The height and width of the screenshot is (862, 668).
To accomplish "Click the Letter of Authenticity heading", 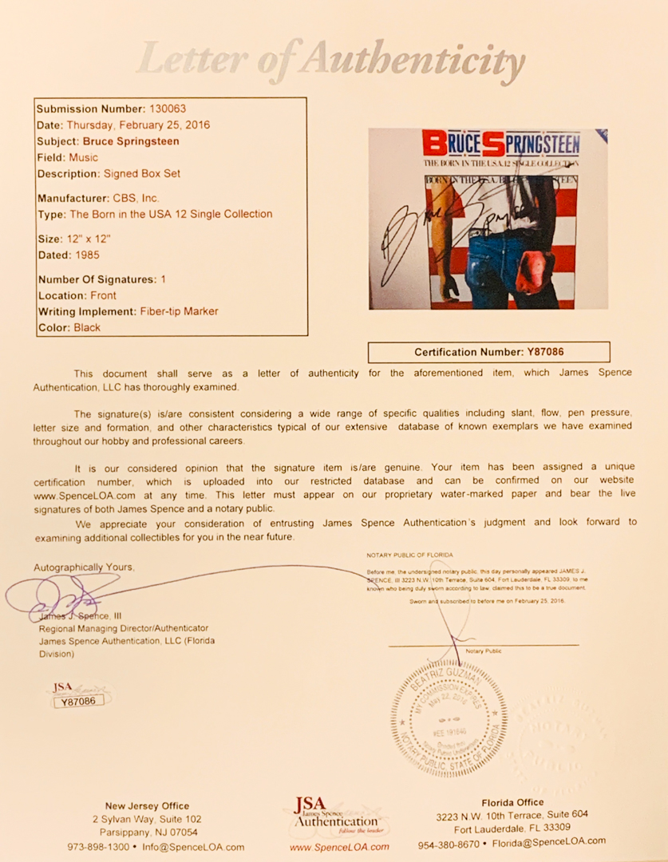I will tap(331, 61).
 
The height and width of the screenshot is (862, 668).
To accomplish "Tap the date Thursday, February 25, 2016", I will tap(138, 125).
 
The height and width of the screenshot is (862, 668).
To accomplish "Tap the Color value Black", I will tap(87, 327).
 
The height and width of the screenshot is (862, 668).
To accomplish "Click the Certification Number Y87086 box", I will tap(488, 352).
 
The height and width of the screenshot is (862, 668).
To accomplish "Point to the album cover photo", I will tap(488, 219).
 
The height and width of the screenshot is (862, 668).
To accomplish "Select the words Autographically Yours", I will tap(84, 567).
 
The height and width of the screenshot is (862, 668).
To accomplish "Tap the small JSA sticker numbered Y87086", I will tap(78, 696).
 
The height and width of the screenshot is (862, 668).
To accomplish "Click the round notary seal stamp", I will tap(449, 714).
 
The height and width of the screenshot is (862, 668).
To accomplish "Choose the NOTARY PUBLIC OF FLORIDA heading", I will tap(409, 555).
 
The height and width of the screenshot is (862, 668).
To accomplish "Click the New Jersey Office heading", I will tap(147, 806).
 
